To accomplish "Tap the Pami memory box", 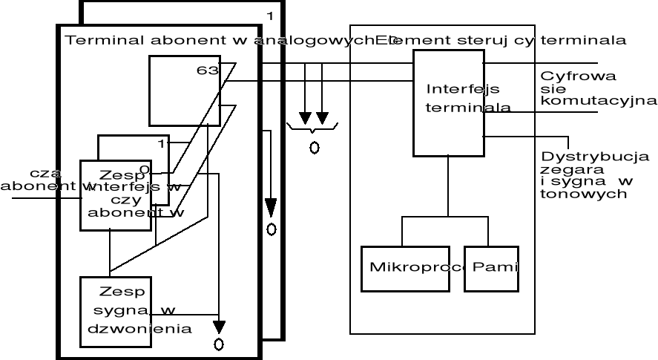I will [490, 266].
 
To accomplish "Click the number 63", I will [207, 71].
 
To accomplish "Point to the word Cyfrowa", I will [568, 76].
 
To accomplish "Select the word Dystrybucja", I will [595, 157].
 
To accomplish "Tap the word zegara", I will [562, 169].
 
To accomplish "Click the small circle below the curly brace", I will [314, 147].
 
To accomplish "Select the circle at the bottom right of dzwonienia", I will [218, 343].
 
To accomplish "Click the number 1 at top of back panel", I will [270, 16].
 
